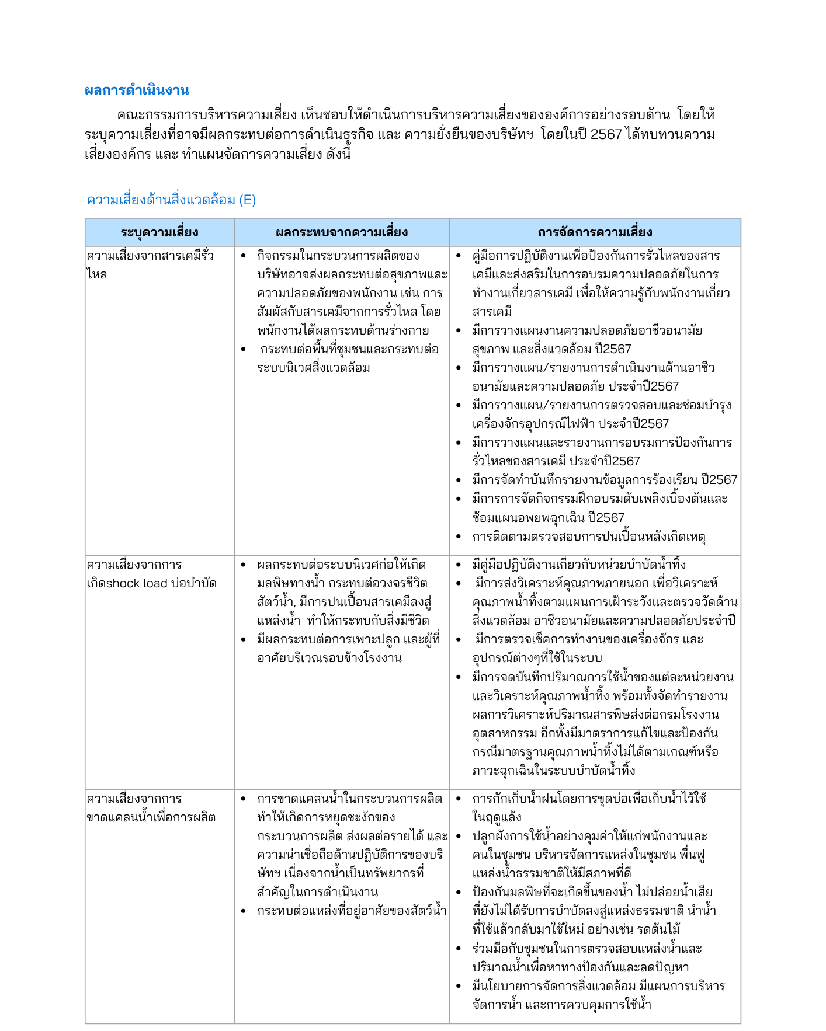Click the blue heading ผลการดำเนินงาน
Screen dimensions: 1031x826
tap(137, 90)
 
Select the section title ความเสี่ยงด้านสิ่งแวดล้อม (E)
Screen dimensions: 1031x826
tap(171, 200)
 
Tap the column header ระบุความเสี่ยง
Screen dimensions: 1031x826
tap(159, 232)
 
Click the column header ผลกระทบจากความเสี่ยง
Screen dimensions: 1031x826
tap(342, 232)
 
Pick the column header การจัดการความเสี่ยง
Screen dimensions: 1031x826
tap(595, 232)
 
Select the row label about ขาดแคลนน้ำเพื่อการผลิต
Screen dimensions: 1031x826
tap(151, 817)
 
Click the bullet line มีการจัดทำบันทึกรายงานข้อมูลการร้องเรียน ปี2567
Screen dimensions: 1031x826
tap(605, 480)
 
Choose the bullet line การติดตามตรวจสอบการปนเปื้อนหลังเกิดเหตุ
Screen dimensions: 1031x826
tap(588, 536)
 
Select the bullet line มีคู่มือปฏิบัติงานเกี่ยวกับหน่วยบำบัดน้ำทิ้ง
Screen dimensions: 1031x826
tap(579, 565)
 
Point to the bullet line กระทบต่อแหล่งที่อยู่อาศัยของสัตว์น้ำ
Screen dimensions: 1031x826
tap(352, 911)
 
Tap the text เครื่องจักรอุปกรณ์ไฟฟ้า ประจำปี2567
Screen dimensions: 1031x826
tap(570, 424)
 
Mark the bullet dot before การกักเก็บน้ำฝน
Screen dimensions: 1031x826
tap(459, 799)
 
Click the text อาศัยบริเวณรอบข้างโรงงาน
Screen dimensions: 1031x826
tap(329, 658)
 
